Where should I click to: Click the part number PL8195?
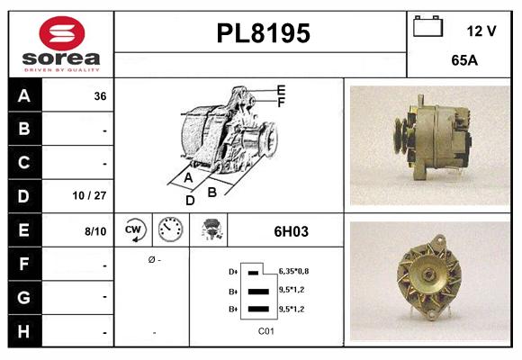(263, 34)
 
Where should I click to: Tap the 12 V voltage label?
(481, 31)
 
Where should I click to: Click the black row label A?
(23, 95)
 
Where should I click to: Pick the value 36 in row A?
(100, 95)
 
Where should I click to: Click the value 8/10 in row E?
(95, 231)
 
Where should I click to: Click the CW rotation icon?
(134, 230)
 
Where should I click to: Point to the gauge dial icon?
(170, 230)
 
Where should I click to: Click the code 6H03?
(291, 231)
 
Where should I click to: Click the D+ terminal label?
(233, 271)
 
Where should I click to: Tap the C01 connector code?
(265, 330)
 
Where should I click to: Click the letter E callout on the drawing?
(281, 90)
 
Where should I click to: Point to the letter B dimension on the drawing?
(212, 191)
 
